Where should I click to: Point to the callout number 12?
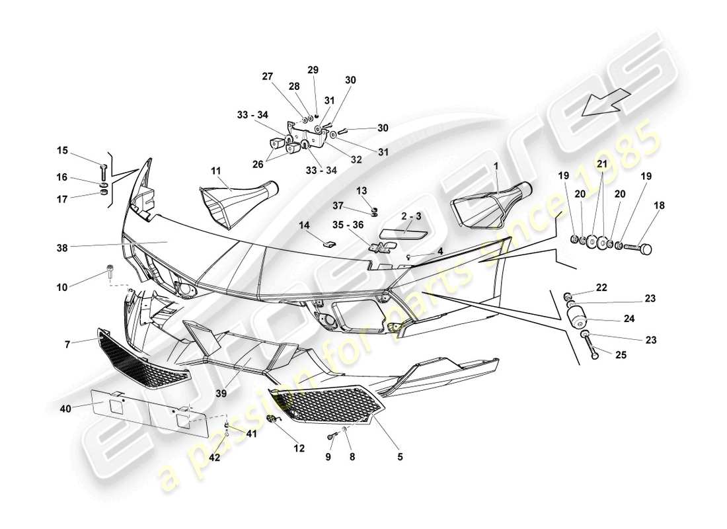coord(299,448)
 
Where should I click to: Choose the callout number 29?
coord(313,69)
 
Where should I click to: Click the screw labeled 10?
coord(109,270)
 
